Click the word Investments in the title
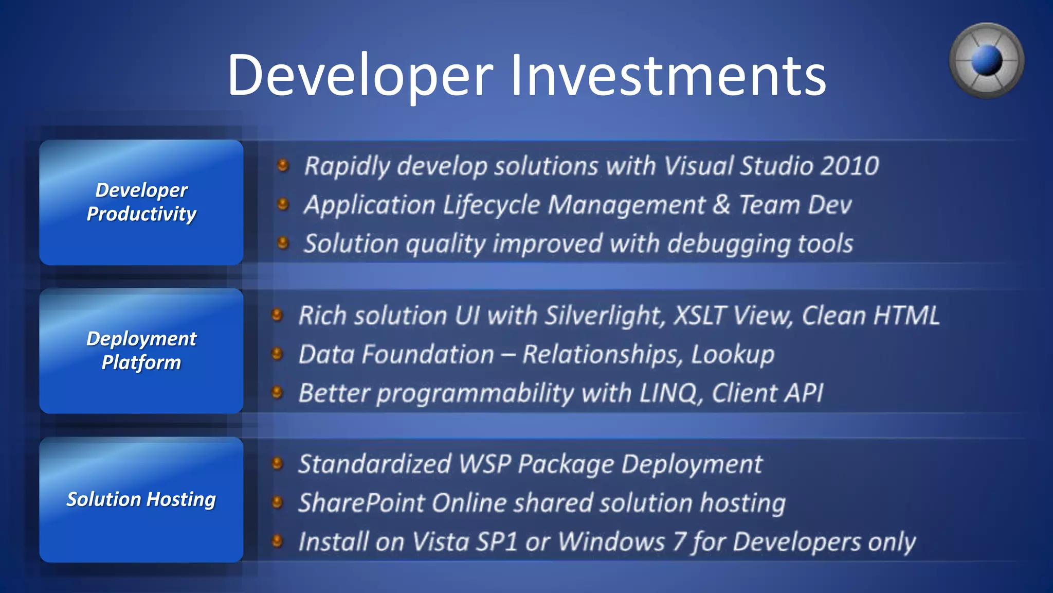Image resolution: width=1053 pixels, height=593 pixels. coord(668,76)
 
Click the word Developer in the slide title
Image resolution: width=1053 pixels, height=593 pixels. coord(360,76)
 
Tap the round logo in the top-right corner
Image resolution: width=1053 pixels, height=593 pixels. coord(986,61)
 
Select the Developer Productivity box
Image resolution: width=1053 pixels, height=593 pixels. coord(141,202)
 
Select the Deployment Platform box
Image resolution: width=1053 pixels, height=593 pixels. coord(141,351)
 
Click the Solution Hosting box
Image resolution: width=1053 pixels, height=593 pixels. coord(141,499)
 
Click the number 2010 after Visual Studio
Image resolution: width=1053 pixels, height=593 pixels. coord(850,166)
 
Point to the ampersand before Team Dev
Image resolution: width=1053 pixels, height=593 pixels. coord(721,205)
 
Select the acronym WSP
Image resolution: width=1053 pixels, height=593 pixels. coord(484,464)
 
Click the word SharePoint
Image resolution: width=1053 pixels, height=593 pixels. coord(361,503)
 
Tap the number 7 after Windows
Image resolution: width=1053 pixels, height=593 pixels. coord(679,542)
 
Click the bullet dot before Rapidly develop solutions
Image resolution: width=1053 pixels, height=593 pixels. coord(283,165)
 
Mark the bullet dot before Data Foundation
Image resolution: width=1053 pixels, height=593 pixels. coord(277,354)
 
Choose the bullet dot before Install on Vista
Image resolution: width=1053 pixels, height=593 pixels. coord(277,541)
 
